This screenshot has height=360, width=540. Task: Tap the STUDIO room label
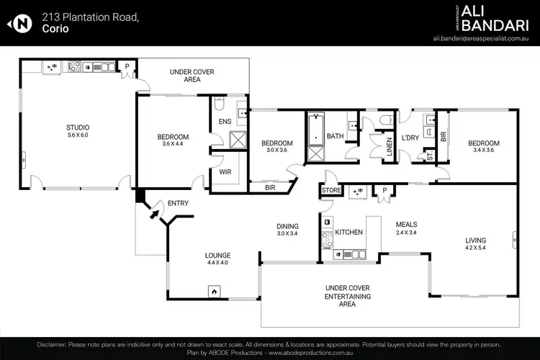(x=78, y=127)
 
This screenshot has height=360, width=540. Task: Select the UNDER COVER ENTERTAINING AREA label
(x=348, y=296)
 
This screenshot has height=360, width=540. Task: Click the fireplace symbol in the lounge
(x=213, y=292)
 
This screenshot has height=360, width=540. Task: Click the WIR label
(x=225, y=172)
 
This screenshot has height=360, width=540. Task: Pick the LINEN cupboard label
(x=389, y=148)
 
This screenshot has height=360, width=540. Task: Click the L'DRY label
(x=410, y=138)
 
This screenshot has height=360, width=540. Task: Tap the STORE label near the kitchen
(x=331, y=191)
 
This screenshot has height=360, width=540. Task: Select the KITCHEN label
(x=348, y=232)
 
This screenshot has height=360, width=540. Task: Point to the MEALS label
(x=406, y=224)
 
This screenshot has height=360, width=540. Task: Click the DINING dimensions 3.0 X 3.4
(x=287, y=234)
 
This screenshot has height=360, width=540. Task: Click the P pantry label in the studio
(x=127, y=66)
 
